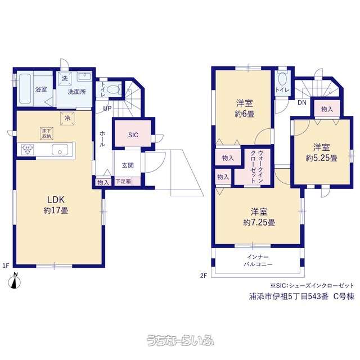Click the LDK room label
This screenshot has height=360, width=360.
pos(56,200)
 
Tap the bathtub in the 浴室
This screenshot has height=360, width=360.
pos(25,89)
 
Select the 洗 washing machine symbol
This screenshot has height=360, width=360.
pos(65,79)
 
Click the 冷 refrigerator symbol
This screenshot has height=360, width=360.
pos(67,119)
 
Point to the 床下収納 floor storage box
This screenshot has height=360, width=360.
pos(47,133)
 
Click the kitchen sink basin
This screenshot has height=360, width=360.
pos(60,150)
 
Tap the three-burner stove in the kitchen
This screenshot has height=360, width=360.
pos(28,150)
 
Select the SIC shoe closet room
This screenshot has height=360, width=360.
pos(133,134)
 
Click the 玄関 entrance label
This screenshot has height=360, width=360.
pos(128,165)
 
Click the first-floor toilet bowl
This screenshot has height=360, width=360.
pos(113,89)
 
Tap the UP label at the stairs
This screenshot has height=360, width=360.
pos(107,109)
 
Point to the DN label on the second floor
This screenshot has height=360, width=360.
pos(302,102)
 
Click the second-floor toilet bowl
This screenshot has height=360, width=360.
pos(282,80)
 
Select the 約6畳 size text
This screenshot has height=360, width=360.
pos(244,114)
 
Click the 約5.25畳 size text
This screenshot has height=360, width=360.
pos(321,158)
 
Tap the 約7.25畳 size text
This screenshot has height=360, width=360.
pos(259,222)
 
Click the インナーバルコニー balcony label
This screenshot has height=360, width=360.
pos(258,260)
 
